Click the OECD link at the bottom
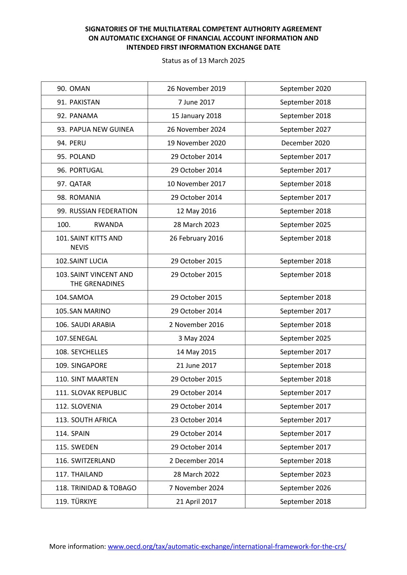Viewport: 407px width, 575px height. pos(227,546)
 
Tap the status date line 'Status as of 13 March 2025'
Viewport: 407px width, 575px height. pos(203,60)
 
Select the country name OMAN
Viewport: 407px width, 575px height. pos(80,89)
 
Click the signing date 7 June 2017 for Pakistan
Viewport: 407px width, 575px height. pos(196,102)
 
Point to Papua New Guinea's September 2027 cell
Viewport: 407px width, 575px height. pos(305,129)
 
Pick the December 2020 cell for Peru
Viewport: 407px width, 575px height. pos(305,143)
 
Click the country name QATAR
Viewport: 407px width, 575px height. pos(80,184)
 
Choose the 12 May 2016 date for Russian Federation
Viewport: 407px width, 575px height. pos(196,211)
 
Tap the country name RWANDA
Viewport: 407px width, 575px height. pos(108,225)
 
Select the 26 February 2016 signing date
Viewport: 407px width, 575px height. pos(196,238)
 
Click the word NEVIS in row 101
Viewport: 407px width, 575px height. pos(79,247)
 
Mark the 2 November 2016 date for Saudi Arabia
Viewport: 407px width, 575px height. pos(196,325)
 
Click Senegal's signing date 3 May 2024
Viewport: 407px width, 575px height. pos(196,338)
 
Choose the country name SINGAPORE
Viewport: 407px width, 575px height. pos(89,366)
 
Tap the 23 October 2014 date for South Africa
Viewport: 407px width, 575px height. pos(196,420)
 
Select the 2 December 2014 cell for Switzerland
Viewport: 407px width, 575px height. pos(196,461)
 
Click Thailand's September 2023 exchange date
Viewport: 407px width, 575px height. pos(305,474)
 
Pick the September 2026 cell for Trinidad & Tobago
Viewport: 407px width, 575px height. pos(305,488)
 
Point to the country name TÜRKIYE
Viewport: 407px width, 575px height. pos(84,501)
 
